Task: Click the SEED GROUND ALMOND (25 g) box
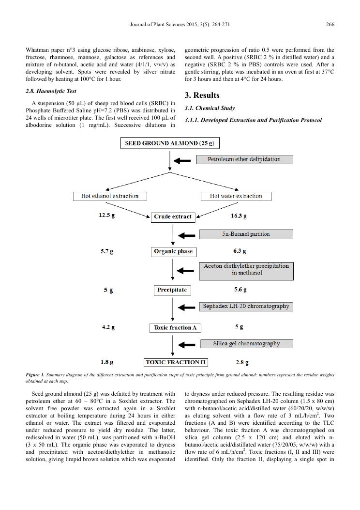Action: tap(170, 143)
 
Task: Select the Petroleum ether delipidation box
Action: tap(244, 159)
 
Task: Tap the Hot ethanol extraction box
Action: tap(110, 196)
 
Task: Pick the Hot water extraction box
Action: tap(236, 196)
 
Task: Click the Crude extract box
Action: tap(173, 217)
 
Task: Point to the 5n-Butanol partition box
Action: tap(246, 234)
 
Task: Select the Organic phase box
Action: tap(173, 251)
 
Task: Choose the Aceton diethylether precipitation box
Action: tap(246, 270)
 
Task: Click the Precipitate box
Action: tap(172, 290)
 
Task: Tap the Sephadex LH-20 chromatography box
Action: tap(246, 306)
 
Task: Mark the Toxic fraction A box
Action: tap(175, 328)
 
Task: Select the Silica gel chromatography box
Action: tap(246, 344)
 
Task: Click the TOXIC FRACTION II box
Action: tap(176, 362)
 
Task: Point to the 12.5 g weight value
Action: tap(107, 216)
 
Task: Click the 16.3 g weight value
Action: tap(237, 216)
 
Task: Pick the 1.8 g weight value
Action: tap(107, 362)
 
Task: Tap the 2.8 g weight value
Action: tap(242, 362)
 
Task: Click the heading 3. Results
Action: tap(202, 95)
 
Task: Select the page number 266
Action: tap(330, 25)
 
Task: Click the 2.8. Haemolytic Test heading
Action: tap(51, 91)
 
